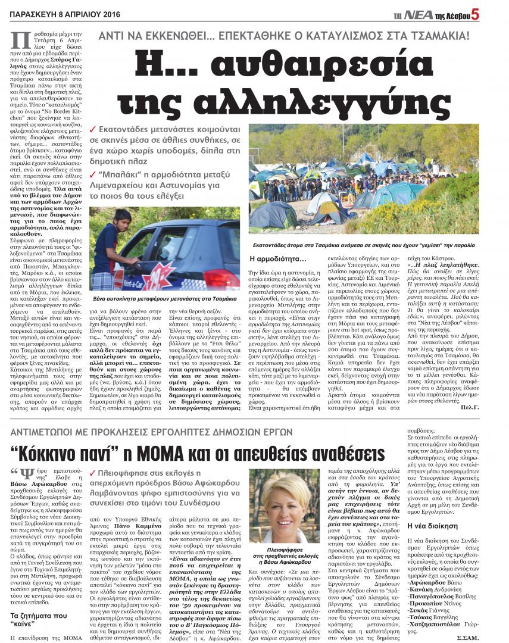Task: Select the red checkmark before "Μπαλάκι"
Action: pos(92,174)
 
